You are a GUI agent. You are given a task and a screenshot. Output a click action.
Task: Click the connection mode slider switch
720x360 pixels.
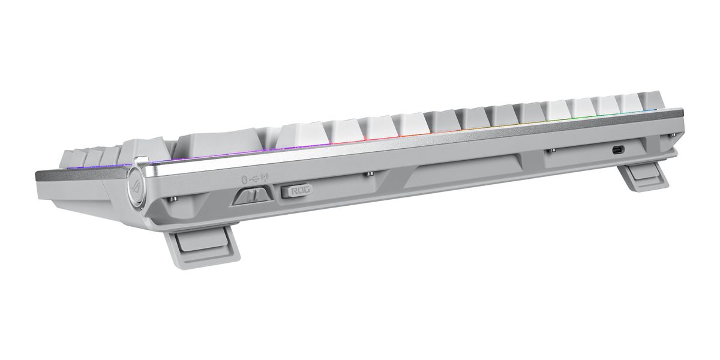tap(253, 196)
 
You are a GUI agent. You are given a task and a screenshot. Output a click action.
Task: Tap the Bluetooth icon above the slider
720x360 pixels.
tap(244, 179)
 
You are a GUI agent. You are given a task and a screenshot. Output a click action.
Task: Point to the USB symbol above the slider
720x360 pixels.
tap(254, 178)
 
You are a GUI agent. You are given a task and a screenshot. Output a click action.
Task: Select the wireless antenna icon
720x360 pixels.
tap(265, 176)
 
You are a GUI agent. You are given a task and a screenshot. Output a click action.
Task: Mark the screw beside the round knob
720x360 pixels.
tap(173, 200)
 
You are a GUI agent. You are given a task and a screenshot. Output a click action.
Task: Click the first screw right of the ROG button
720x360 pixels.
tap(370, 174)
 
